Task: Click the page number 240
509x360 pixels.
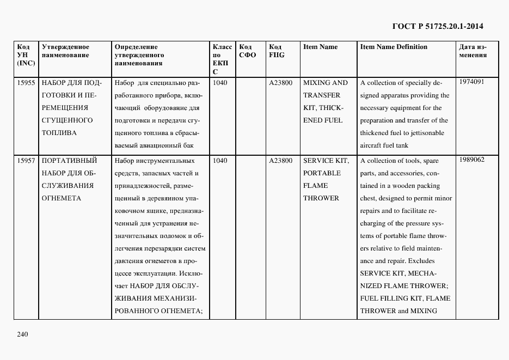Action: click(22, 334)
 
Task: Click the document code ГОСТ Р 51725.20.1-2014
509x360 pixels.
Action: click(438, 26)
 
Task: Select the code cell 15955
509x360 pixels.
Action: click(26, 83)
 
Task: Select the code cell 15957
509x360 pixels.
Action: click(26, 161)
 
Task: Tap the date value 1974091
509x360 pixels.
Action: click(471, 82)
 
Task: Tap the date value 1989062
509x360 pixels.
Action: click(471, 160)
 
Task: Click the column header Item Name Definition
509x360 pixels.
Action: click(394, 47)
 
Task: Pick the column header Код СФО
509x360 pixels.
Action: click(248, 51)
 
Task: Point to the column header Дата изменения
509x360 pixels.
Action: click(473, 51)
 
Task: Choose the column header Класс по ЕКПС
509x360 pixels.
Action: click(222, 59)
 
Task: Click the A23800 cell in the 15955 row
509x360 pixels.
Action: click(280, 83)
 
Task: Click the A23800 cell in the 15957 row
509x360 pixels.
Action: click(280, 161)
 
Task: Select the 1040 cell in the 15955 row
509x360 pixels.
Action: click(220, 83)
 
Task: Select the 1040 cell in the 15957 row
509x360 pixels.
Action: click(220, 161)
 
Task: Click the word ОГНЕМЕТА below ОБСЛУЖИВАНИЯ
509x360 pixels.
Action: click(61, 198)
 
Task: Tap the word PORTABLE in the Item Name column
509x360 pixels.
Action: click(322, 173)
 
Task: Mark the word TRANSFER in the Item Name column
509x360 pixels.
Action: click(322, 95)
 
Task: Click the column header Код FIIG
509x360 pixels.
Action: click(277, 51)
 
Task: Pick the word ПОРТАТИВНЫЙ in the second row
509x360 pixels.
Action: click(69, 161)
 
